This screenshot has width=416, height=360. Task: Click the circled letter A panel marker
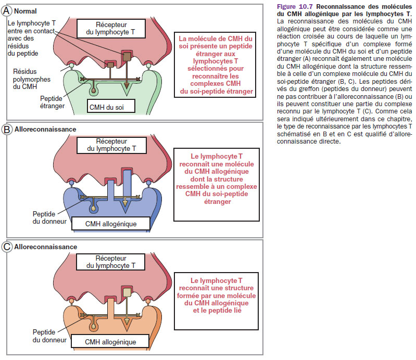(7, 10)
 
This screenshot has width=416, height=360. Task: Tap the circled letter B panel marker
(7, 129)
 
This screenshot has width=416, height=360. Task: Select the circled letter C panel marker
(7, 247)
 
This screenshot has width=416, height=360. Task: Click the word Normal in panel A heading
(26, 10)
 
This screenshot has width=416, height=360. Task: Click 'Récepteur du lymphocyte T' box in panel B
(113, 145)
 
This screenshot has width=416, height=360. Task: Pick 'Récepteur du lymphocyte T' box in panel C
(113, 262)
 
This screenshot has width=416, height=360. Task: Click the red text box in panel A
(216, 65)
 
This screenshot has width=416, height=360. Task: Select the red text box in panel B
(216, 178)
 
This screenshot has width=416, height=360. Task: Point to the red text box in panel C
(216, 295)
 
